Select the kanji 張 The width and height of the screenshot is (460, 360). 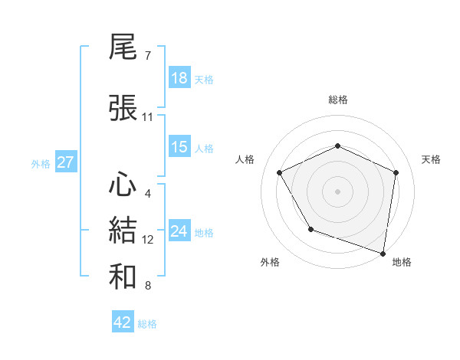pos(123,108)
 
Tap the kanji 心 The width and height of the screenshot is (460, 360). pos(123,185)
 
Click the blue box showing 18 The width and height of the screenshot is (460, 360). pos(179,78)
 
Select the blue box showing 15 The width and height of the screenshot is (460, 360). pos(179,147)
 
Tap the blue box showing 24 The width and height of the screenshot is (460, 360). pos(179,231)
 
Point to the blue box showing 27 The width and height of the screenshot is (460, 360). pos(65,162)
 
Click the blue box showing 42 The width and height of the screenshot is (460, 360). pos(123,322)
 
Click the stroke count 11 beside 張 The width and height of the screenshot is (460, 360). pos(147,117)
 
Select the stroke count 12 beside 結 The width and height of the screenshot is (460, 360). pos(147,240)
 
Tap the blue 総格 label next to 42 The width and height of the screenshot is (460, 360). pos(147,323)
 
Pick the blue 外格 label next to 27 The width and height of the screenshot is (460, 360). pos(41,163)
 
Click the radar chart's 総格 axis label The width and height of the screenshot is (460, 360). pos(337,100)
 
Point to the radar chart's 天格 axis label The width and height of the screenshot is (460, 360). pos(431,159)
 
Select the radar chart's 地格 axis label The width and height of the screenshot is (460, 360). pos(402,262)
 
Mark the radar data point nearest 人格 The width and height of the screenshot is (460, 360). pos(280,172)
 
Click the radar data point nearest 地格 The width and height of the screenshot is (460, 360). pos(383,253)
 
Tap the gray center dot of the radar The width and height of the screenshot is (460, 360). pos(337,191)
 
